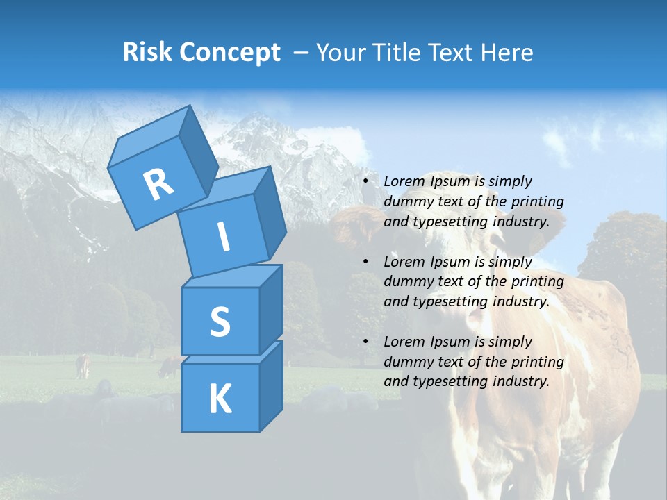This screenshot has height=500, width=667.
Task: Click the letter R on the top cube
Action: [x=158, y=184]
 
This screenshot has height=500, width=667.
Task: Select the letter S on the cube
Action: [x=220, y=322]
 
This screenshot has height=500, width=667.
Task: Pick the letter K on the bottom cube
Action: [x=220, y=399]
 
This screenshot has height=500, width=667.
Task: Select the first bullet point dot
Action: [x=365, y=182]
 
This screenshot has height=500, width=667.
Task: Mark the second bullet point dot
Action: [x=365, y=262]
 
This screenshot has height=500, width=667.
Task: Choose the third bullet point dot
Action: [x=365, y=342]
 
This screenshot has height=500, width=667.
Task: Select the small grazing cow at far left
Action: [x=83, y=366]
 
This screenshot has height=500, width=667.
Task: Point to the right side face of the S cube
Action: [x=271, y=309]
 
